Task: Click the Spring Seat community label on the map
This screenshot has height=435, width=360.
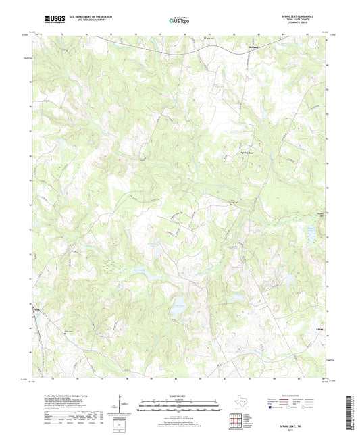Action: coord(250,153)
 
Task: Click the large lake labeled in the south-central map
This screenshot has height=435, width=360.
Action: coord(180,305)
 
